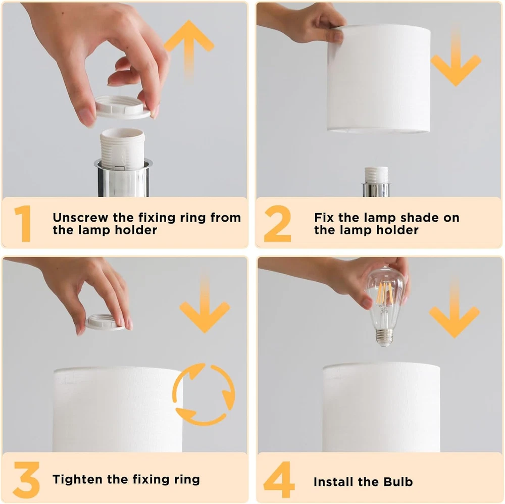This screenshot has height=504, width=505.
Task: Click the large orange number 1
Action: (x=23, y=224)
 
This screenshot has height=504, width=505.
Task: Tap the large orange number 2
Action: (x=277, y=224)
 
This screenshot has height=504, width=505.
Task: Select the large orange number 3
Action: (x=26, y=480)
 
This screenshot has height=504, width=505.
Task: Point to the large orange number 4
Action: (x=279, y=480)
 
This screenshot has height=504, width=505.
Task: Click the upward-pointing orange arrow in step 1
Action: (x=189, y=48)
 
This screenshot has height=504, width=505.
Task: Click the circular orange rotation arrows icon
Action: (x=204, y=394)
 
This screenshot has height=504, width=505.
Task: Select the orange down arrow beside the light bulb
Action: (x=454, y=309)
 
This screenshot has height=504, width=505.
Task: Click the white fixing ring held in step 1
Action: (x=123, y=107)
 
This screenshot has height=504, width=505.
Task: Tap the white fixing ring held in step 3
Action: (x=106, y=322)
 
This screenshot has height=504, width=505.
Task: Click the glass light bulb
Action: (x=384, y=306)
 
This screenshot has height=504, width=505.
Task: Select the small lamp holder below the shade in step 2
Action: (x=376, y=181)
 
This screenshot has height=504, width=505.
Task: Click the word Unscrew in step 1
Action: (x=80, y=218)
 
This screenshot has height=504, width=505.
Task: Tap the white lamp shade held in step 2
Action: (x=379, y=79)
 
